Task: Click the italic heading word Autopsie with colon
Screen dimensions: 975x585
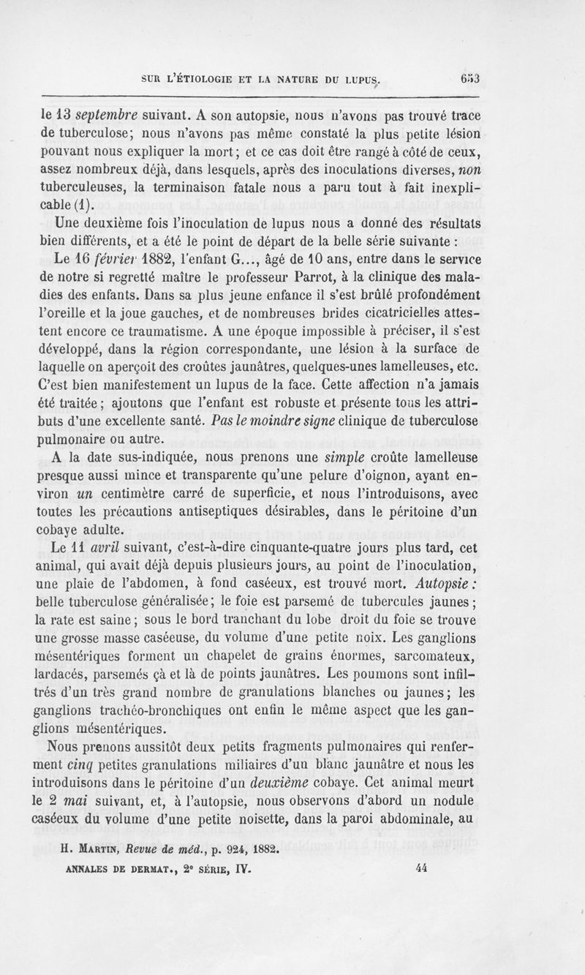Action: (510, 583)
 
